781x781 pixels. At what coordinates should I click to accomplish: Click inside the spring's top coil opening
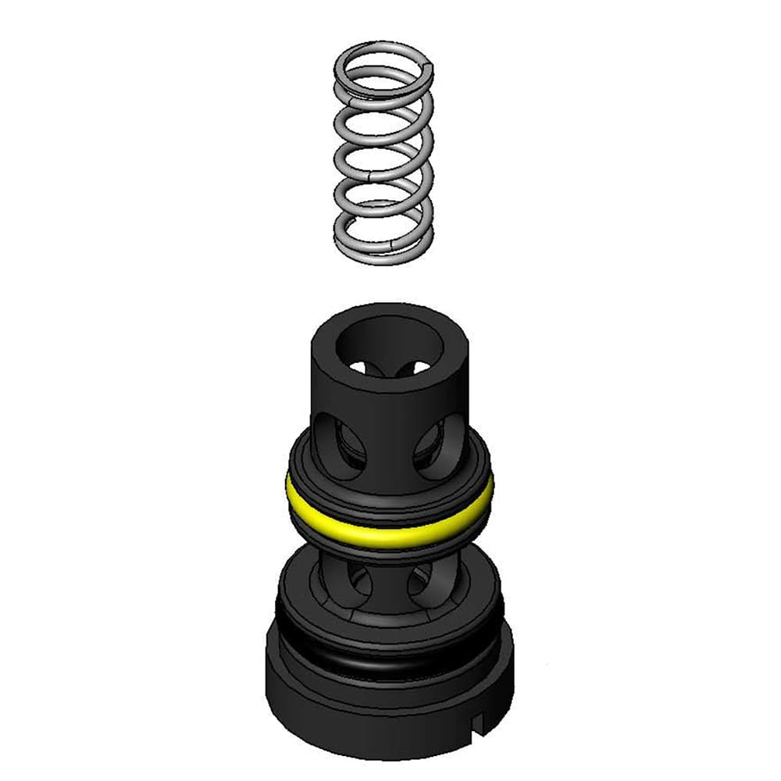[383, 74]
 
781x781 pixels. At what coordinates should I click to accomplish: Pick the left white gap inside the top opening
[360, 366]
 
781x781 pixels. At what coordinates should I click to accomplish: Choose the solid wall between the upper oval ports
[389, 437]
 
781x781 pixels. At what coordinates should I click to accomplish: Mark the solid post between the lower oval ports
[389, 582]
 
